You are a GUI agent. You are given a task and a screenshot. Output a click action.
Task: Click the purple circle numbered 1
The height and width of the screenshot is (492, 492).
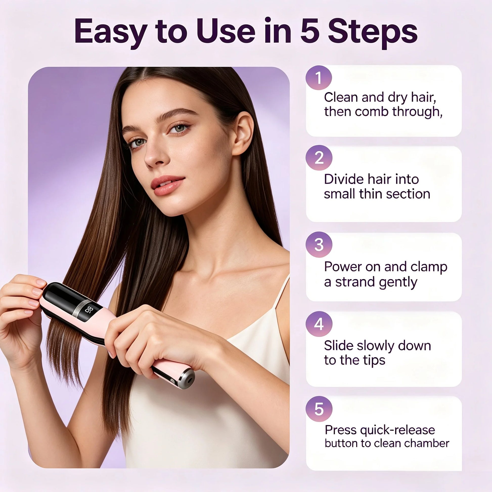[x=319, y=78]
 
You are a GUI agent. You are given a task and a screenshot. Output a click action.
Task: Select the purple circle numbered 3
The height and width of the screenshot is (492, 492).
[x=319, y=244]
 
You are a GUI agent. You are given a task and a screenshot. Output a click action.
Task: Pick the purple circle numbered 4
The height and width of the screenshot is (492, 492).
[x=319, y=324]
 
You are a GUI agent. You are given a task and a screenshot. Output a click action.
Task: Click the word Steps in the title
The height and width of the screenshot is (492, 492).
[x=372, y=33]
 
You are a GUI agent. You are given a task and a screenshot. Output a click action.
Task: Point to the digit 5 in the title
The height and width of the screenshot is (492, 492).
[x=310, y=32]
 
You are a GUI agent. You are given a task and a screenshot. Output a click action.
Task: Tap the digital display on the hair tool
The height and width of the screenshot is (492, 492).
[x=90, y=311]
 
